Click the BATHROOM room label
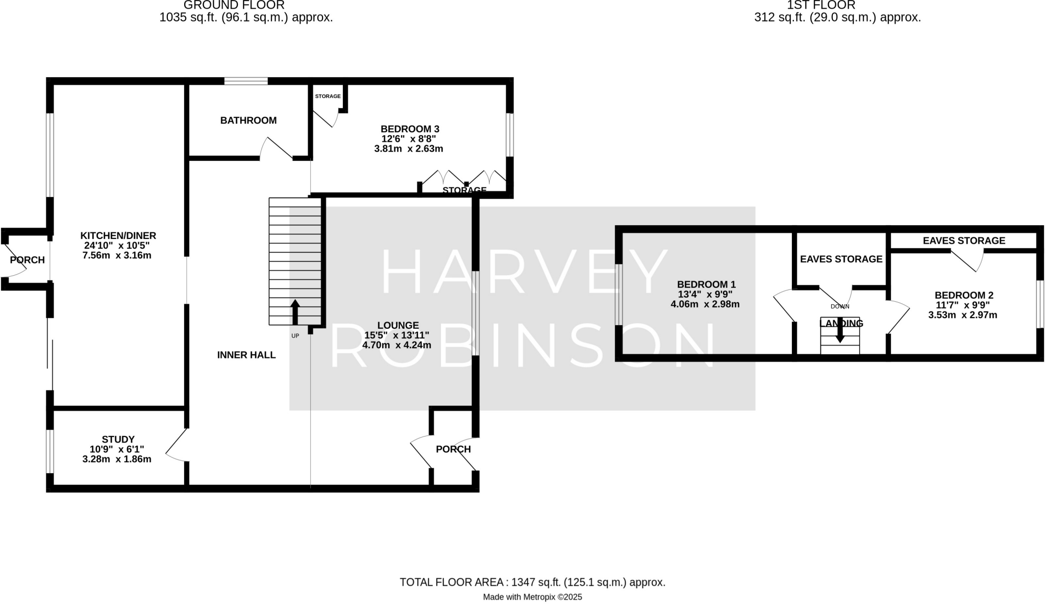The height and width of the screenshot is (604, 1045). coord(248,120)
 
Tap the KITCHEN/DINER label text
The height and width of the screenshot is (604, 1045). coord(118,236)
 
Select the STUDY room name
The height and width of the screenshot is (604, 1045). coord(118,440)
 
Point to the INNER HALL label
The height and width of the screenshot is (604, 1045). coord(246,355)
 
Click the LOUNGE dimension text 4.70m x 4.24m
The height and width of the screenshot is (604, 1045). coord(396,345)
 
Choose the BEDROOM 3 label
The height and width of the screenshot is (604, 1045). coord(410,129)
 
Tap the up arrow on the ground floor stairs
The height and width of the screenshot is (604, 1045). coord(295,312)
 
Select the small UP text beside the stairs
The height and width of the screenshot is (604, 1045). coord(295,336)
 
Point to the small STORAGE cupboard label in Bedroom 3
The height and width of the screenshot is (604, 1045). coord(328,96)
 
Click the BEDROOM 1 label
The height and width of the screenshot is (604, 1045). coord(706,284)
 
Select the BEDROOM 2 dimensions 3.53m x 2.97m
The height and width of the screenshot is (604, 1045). coord(962,315)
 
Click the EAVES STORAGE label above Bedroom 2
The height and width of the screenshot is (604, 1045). coord(964,240)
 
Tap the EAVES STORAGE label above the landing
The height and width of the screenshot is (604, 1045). coord(841,259)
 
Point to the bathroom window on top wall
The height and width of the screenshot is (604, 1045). coord(246,81)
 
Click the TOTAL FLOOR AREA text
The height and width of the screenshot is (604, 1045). coord(532,582)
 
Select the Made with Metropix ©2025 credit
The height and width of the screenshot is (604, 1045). coord(532,597)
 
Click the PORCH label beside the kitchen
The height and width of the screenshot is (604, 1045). coord(28,260)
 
